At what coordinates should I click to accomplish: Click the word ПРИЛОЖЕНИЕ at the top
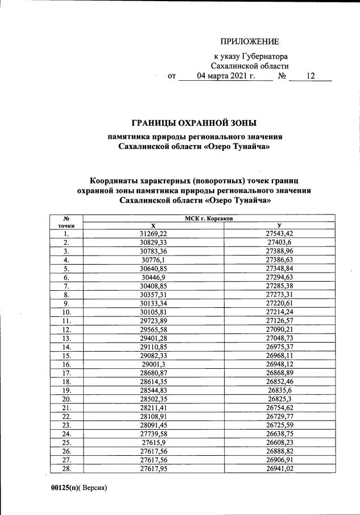[x=250, y=42]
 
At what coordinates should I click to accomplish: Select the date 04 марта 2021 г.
[x=226, y=76]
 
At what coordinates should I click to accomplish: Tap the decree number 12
[x=310, y=76]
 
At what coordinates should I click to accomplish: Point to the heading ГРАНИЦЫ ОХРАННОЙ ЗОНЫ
[x=194, y=122]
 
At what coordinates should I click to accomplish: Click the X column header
[x=154, y=226]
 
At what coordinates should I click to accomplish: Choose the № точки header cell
[x=67, y=222]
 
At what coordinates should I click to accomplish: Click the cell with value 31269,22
[x=154, y=234]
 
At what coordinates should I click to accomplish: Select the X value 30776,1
[x=154, y=259]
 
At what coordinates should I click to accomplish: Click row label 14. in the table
[x=67, y=347]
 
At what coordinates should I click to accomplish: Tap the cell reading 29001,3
[x=154, y=364]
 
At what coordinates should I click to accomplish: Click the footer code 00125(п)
[x=63, y=488]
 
